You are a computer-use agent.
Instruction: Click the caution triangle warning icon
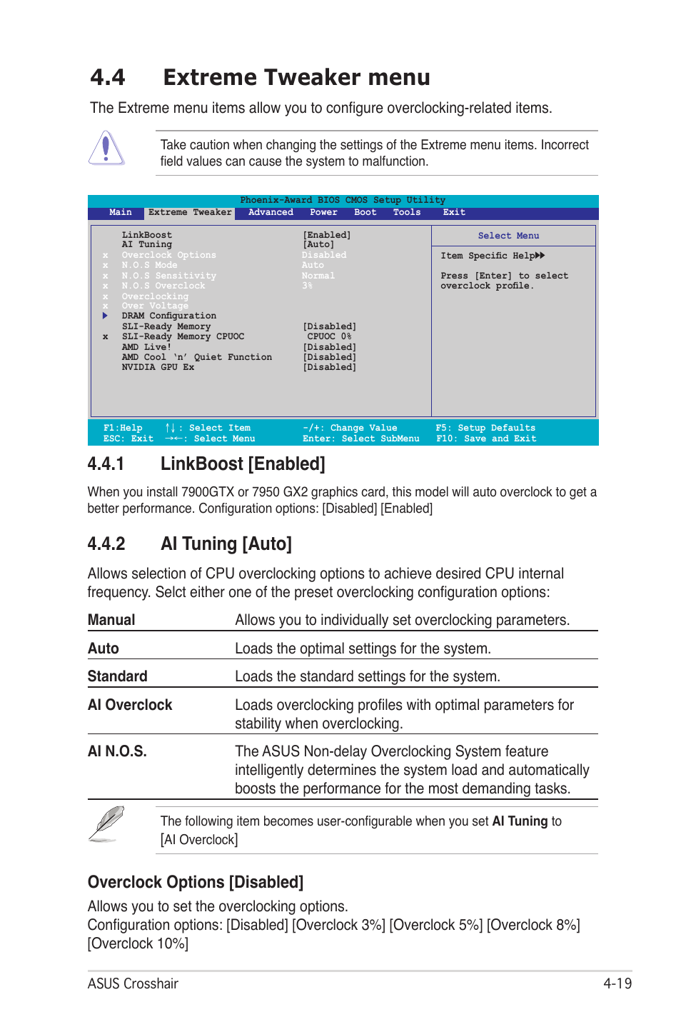[106, 149]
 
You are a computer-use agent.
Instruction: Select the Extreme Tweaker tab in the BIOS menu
[190, 212]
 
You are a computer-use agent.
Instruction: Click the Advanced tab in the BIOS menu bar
[271, 212]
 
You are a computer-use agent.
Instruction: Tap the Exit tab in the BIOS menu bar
[454, 212]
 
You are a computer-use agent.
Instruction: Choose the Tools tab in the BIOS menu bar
[407, 212]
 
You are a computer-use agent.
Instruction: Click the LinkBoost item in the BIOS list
[146, 235]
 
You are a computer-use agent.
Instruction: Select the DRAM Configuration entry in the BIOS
[168, 316]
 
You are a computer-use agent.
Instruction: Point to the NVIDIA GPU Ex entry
[158, 367]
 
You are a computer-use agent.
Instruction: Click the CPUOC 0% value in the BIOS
[329, 336]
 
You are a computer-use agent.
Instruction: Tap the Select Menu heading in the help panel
[508, 236]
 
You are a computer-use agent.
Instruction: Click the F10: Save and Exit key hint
[486, 439]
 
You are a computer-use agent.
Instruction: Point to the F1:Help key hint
[123, 428]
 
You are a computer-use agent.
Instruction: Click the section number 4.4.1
[106, 464]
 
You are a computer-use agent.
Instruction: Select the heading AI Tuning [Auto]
[226, 544]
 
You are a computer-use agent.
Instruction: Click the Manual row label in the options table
[111, 620]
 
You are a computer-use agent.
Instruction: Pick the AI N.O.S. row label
[117, 751]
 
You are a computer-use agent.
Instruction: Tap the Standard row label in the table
[118, 676]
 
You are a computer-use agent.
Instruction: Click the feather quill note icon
[106, 824]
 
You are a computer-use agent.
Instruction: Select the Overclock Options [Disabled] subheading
[196, 882]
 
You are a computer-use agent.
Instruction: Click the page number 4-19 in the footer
[617, 983]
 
